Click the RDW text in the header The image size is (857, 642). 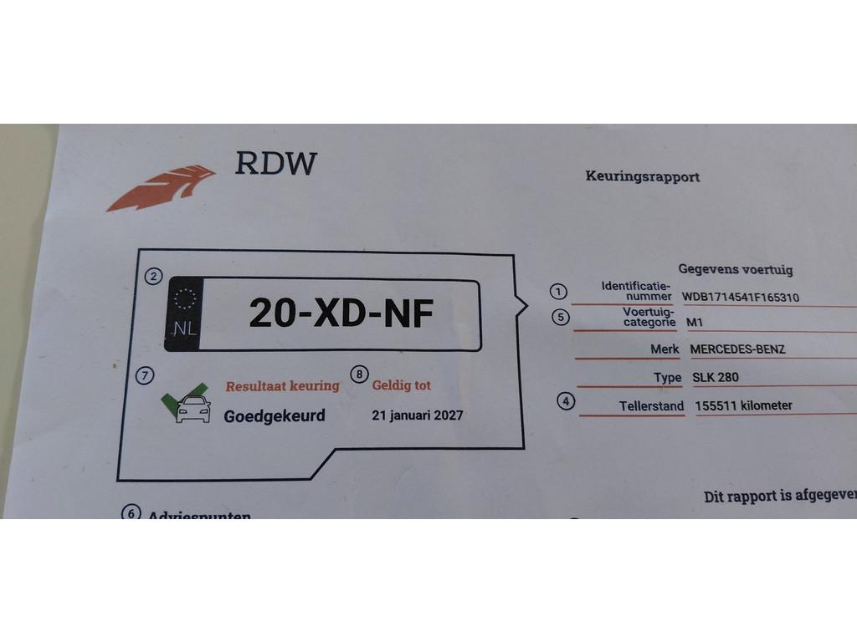275,162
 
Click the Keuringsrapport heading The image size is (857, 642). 643,176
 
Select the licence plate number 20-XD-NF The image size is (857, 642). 341,314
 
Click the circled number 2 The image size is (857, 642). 153,278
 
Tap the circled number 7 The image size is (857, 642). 145,376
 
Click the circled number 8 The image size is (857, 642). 359,374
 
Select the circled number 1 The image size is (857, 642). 558,291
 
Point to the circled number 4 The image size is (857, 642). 567,400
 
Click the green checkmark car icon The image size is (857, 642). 188,403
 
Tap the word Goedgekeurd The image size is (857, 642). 275,415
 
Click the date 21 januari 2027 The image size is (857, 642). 418,415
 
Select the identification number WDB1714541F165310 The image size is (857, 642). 741,297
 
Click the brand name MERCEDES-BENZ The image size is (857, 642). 737,349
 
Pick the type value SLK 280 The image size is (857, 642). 715,377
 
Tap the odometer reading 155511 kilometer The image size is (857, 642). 743,406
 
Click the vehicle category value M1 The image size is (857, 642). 695,321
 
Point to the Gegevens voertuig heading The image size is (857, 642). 735,269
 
